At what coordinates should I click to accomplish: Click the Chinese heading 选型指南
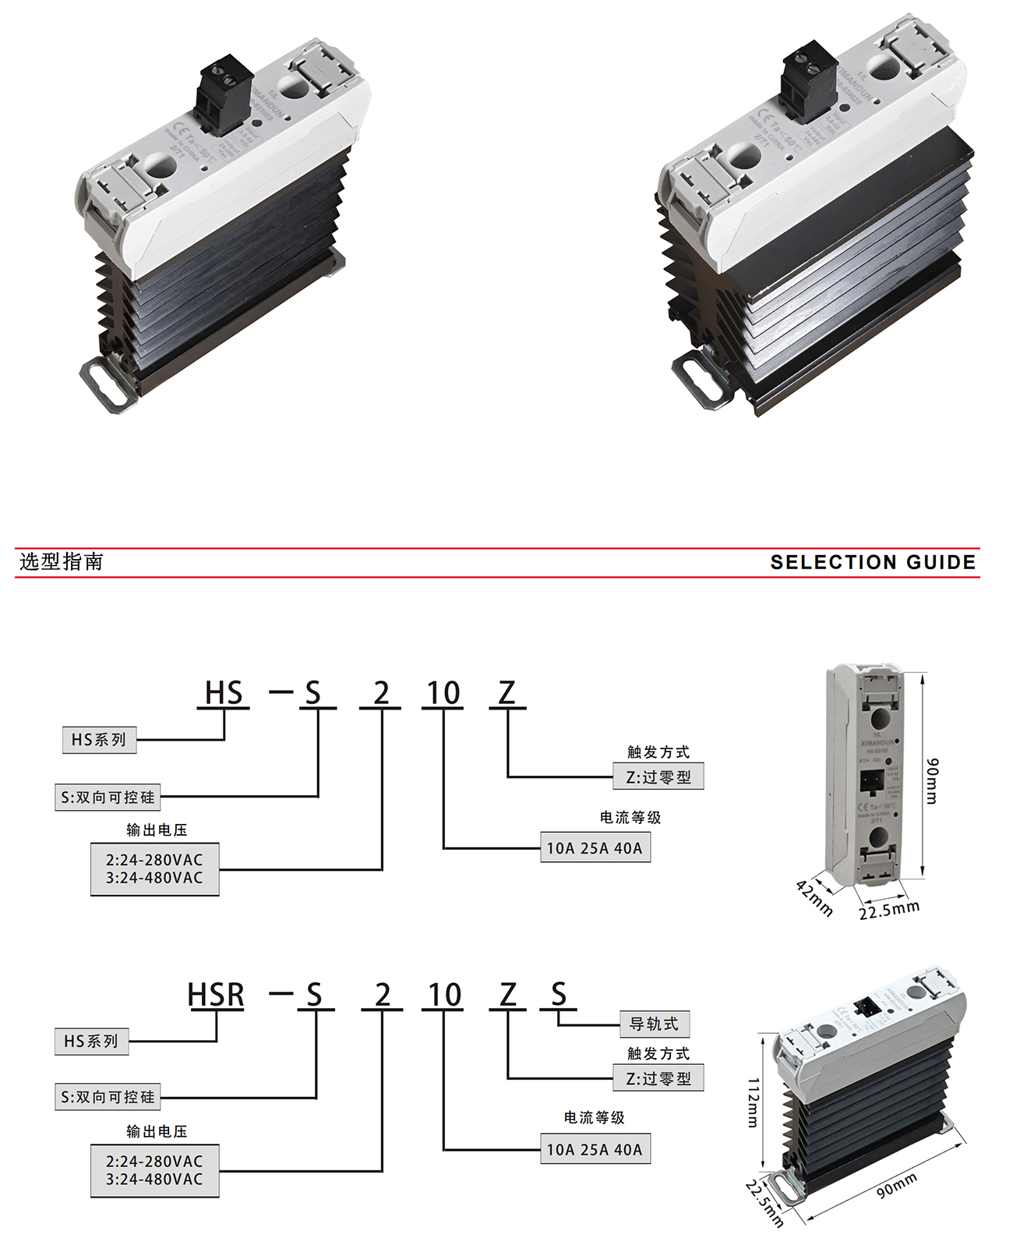61,561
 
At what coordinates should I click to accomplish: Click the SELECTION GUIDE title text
873,562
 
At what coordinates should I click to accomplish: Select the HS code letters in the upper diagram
224,693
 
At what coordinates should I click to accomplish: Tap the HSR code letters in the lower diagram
216,995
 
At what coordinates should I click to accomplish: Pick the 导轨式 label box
655,1024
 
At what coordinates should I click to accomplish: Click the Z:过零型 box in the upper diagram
658,777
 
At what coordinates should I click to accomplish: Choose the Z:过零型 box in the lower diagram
658,1078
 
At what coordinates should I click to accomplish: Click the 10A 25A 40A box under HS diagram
595,847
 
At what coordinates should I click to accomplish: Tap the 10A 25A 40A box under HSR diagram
595,1149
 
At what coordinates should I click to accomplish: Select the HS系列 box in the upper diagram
99,739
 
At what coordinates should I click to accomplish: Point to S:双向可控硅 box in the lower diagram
108,1097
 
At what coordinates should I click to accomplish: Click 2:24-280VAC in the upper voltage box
154,859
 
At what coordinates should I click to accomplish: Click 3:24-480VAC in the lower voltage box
154,1180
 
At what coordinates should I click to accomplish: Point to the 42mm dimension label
814,898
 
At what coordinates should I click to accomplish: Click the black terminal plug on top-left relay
225,92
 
